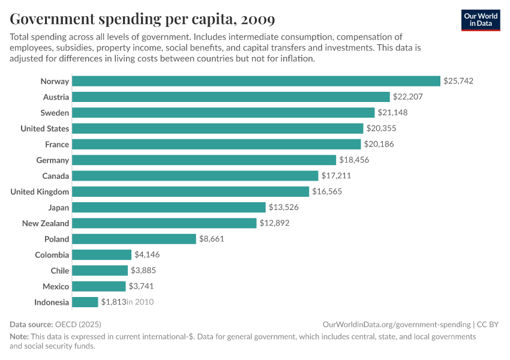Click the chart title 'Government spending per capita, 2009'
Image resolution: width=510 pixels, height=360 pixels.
[142, 19]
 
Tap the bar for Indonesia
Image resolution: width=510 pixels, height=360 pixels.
[85, 302]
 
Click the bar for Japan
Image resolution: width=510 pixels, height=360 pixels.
[169, 207]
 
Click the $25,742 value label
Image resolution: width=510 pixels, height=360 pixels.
[458, 81]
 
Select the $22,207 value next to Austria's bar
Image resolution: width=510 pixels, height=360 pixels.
[408, 97]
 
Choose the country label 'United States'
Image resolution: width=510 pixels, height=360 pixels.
[44, 128]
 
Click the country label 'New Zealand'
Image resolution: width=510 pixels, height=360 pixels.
[46, 223]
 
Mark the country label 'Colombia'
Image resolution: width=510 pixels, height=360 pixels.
[52, 255]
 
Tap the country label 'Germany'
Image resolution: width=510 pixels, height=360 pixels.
[53, 160]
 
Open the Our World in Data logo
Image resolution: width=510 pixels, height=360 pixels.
[481, 19]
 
